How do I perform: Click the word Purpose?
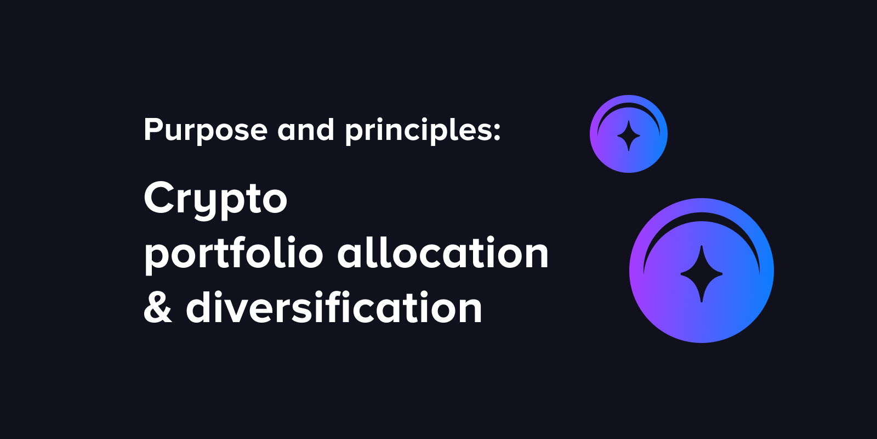(x=206, y=131)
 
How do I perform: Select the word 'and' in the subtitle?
(x=306, y=131)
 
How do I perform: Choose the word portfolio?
(x=234, y=255)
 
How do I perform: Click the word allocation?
(x=443, y=254)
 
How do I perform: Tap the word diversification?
(x=334, y=307)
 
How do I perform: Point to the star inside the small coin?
(x=629, y=136)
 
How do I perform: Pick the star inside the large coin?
(x=702, y=274)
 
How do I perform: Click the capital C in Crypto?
(x=159, y=198)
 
